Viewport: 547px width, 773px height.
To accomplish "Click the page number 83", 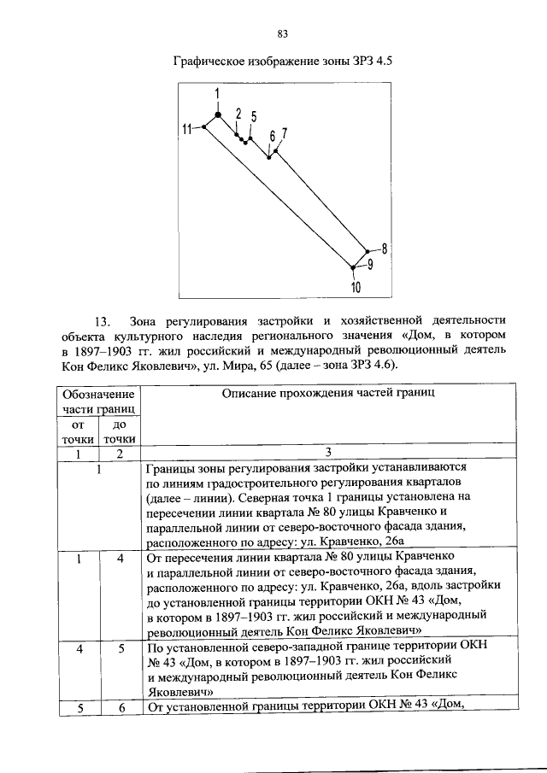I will [283, 34].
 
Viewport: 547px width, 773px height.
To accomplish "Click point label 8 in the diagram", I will [385, 249].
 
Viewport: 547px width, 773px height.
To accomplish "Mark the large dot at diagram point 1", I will [218, 114].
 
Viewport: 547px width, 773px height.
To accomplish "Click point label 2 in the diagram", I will [238, 113].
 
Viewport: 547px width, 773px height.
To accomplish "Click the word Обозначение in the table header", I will [97, 395].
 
